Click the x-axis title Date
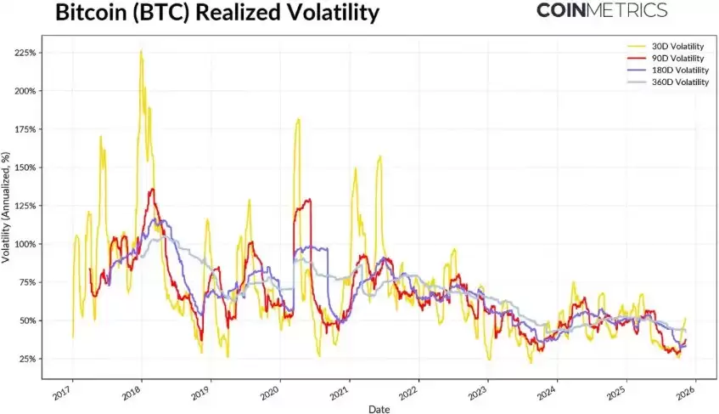(x=380, y=408)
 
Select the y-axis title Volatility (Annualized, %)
(x=7, y=206)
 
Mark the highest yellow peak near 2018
(x=141, y=51)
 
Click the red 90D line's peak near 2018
(x=152, y=190)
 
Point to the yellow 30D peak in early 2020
(x=298, y=119)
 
